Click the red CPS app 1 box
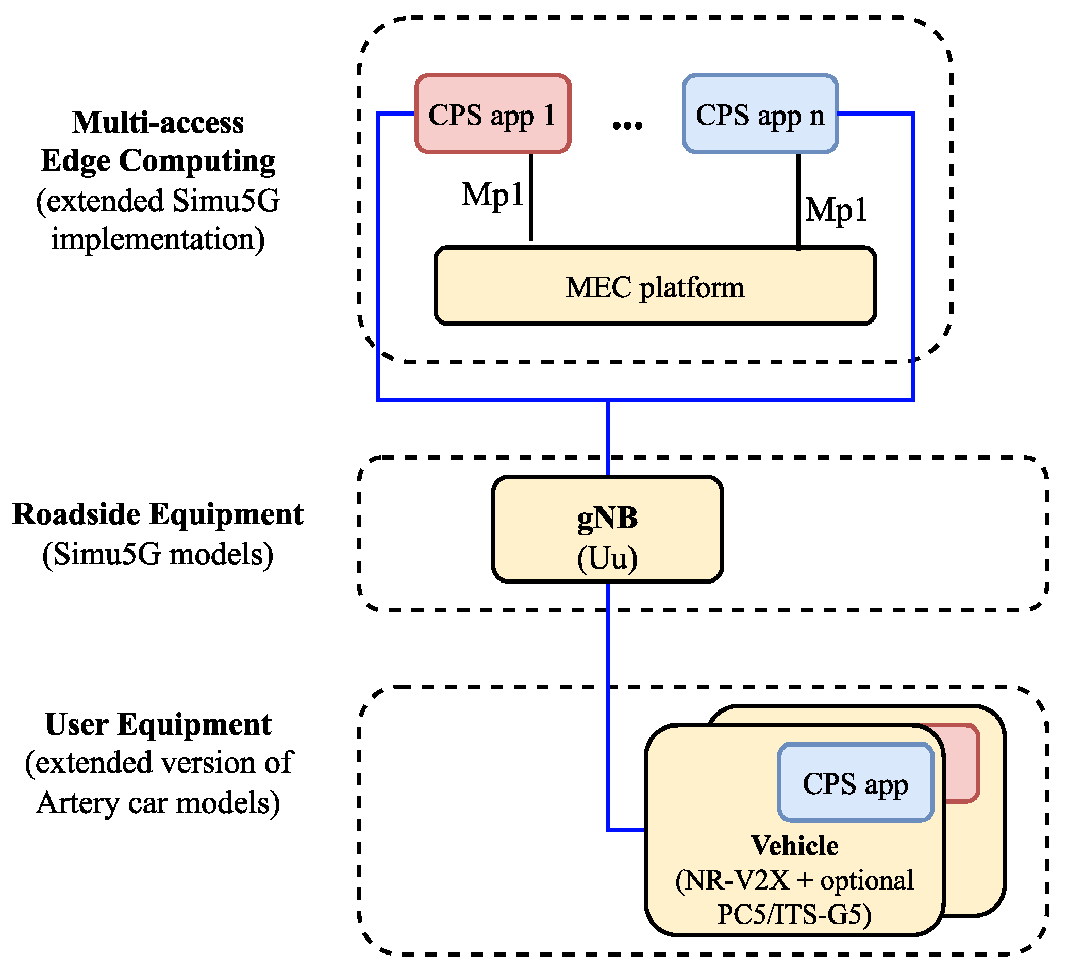[x=493, y=114]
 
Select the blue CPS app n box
[x=760, y=114]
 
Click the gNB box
[x=607, y=529]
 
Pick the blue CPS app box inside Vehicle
[x=855, y=784]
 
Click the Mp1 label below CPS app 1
[x=492, y=195]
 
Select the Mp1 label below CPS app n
[x=836, y=210]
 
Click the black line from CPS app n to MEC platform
[x=798, y=201]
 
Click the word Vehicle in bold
[x=794, y=846]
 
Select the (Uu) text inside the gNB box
[x=607, y=558]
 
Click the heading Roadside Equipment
[x=158, y=514]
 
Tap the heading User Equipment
[x=158, y=724]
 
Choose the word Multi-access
[x=158, y=122]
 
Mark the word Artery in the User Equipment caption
[x=78, y=803]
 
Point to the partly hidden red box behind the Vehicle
[x=961, y=763]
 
